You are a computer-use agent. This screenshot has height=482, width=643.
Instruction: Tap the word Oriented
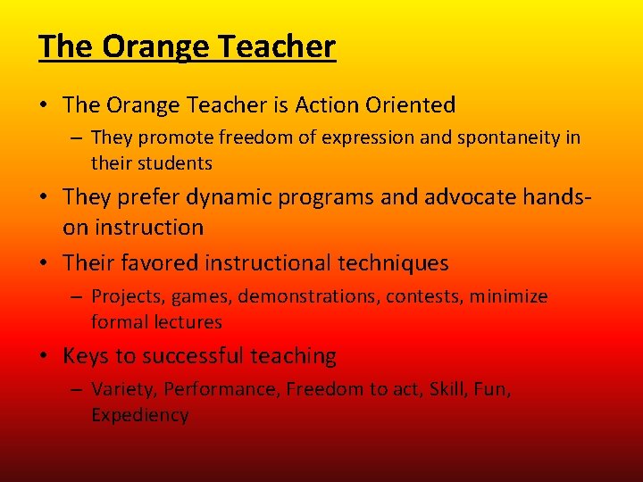tap(411, 105)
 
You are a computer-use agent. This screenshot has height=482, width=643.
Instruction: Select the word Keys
tap(85, 356)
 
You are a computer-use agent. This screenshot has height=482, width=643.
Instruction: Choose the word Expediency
tap(139, 415)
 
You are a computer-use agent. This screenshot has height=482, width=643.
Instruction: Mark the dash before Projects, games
tap(79, 297)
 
